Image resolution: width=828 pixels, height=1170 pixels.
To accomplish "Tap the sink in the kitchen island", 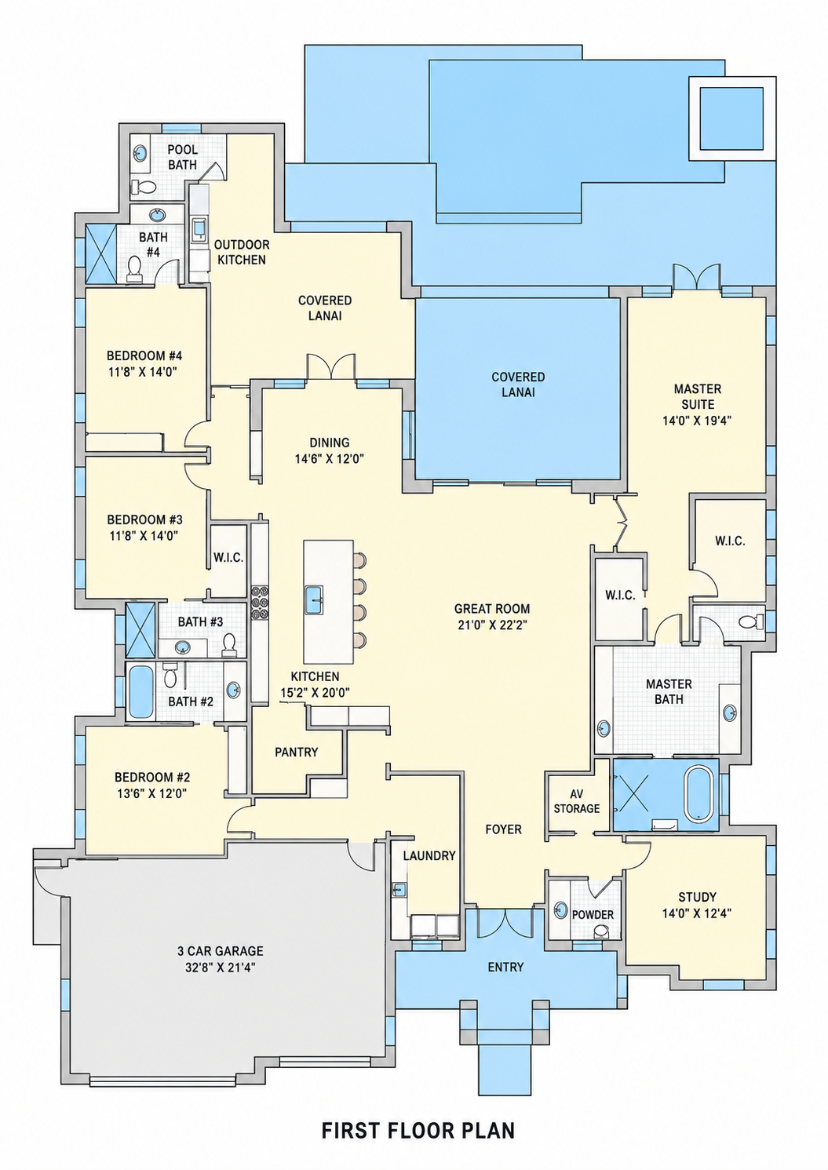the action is tap(314, 600).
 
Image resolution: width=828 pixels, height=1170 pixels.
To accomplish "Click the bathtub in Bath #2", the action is tap(140, 692).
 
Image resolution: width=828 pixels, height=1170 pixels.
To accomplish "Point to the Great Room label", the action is tap(492, 608).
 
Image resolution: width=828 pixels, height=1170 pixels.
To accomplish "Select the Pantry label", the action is tap(296, 752).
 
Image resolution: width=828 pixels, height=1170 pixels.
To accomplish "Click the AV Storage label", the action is tap(576, 801).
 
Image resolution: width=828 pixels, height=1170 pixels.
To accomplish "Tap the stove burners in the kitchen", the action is tap(260, 602).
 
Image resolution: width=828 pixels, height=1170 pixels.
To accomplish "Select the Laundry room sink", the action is tap(399, 889).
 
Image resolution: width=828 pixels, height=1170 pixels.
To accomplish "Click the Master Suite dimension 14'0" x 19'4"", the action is tap(697, 421).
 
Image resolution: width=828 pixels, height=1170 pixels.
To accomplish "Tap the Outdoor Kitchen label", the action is tap(242, 252).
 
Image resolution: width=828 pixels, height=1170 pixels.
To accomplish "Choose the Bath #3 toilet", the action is tap(229, 646).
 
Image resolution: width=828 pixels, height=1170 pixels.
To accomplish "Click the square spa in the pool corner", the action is tap(731, 118).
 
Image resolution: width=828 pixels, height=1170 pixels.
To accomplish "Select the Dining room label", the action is tap(330, 443).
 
